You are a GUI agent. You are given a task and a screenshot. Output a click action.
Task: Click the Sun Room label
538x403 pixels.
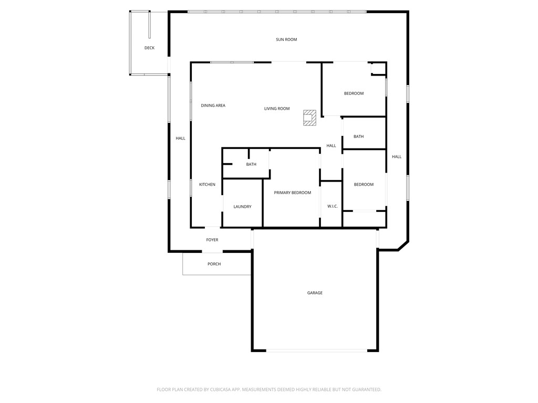click(287, 39)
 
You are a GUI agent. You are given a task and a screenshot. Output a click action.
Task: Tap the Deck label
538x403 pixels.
click(150, 48)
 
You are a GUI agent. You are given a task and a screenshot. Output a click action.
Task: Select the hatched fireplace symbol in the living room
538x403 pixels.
click(310, 118)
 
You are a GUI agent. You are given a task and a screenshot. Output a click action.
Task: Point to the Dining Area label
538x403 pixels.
click(213, 105)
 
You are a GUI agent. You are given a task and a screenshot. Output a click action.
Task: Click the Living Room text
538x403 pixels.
click(277, 109)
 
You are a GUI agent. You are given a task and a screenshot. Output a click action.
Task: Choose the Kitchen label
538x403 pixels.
click(207, 184)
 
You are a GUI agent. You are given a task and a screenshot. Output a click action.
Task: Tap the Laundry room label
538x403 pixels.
click(242, 207)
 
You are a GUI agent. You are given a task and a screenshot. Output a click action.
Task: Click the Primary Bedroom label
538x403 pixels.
click(292, 193)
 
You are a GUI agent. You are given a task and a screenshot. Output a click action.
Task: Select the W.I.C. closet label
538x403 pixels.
click(332, 206)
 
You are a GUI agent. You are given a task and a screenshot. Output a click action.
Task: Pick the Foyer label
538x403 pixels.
click(212, 240)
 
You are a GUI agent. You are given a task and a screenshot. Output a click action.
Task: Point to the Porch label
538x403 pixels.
click(214, 264)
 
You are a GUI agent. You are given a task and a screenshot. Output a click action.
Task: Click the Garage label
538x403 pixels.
click(315, 293)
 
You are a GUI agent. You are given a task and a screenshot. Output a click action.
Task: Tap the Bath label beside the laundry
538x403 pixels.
click(251, 164)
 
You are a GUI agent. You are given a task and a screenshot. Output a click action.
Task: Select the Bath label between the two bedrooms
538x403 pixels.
click(358, 136)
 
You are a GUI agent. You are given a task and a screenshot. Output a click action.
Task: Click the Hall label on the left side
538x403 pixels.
click(180, 138)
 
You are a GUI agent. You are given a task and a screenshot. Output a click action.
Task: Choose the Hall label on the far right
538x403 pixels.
click(397, 156)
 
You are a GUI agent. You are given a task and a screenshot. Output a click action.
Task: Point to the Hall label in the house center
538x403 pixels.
click(331, 145)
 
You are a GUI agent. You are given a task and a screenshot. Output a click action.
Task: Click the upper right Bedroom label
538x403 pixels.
click(354, 93)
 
